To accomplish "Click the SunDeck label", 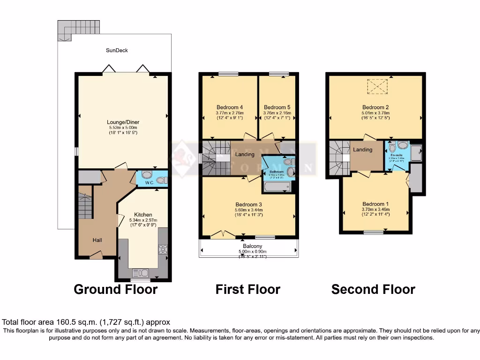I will [x=117, y=50].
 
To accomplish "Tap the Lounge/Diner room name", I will [x=123, y=122].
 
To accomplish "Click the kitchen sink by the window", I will [x=141, y=272].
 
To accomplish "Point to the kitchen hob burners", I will [x=163, y=249].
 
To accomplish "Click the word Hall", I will [x=97, y=240].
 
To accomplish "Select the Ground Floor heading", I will [x=115, y=289].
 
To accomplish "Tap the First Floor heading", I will [x=247, y=289].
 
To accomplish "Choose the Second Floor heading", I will [x=373, y=289].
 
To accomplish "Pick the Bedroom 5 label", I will [x=277, y=107].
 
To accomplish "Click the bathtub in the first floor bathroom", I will [x=277, y=187].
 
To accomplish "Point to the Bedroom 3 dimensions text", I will [x=248, y=213].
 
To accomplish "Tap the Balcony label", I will [x=252, y=246].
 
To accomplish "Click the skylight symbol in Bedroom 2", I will [x=376, y=87].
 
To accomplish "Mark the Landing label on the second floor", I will [x=362, y=150].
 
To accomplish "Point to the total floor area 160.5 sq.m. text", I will [x=86, y=322].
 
